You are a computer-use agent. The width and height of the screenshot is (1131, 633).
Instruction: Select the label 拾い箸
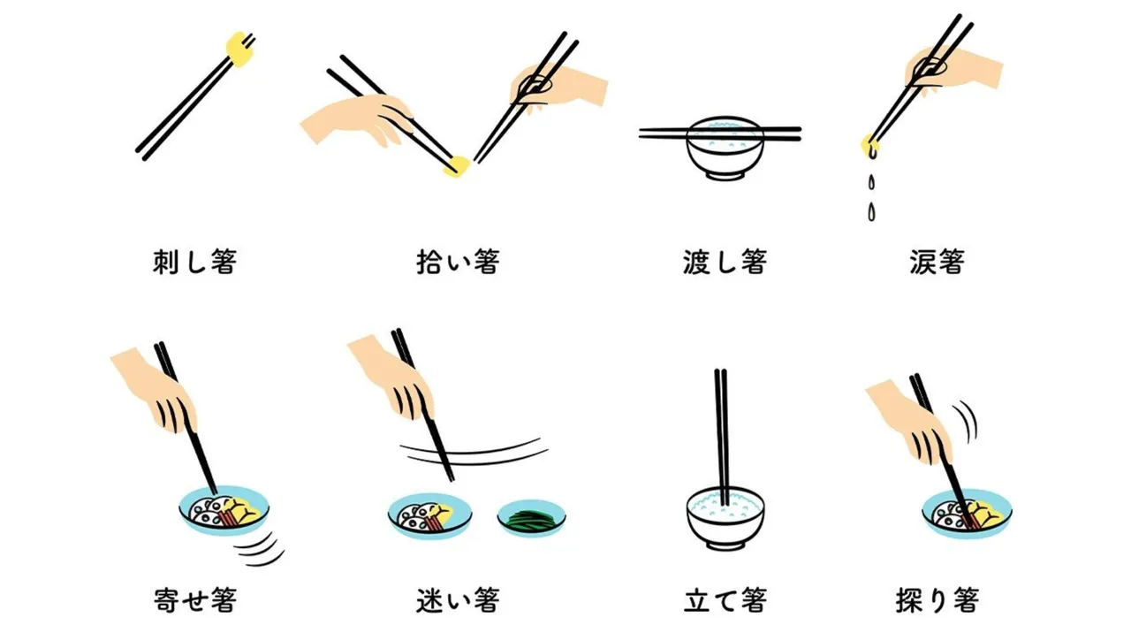tap(458, 263)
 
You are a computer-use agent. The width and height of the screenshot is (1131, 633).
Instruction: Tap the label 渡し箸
tap(725, 263)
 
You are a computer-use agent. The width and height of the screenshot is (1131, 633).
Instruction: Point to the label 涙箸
tap(937, 263)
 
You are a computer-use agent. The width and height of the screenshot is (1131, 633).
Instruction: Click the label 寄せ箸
tap(194, 600)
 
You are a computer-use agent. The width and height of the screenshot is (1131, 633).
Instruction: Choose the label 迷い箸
tap(458, 600)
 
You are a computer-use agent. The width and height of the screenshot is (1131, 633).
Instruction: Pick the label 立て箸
tap(725, 600)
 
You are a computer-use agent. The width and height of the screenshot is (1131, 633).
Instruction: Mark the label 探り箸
tap(937, 600)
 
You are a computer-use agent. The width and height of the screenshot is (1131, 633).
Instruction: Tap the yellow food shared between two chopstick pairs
tap(457, 165)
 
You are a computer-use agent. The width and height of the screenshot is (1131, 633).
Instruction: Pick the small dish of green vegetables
tap(531, 518)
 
